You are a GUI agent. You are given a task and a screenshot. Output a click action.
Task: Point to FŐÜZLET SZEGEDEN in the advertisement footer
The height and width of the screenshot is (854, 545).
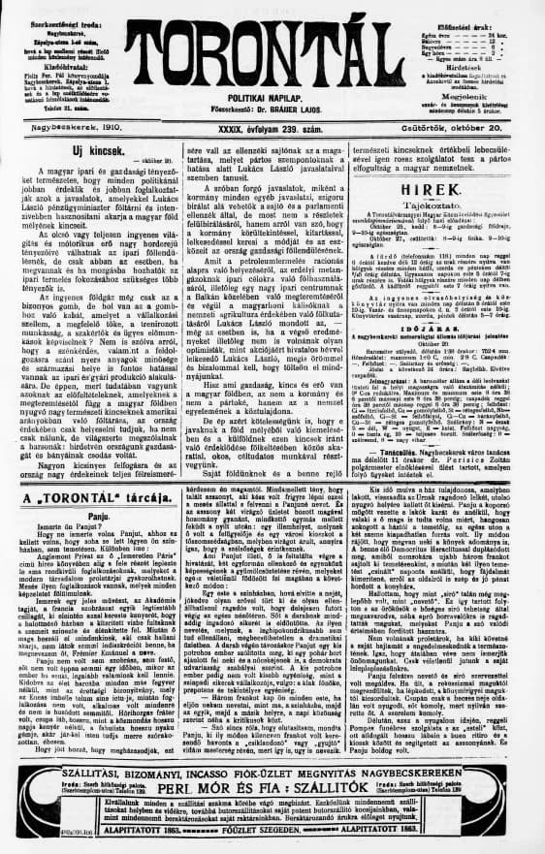point(272,830)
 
